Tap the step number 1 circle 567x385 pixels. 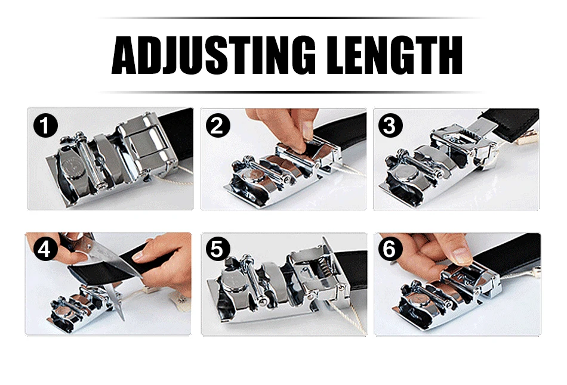45,125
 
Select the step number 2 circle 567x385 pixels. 218,125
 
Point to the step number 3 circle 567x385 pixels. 390,125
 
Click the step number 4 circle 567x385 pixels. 45,249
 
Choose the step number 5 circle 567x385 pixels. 218,249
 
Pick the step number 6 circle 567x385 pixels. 390,249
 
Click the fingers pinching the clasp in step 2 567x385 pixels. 286,128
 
